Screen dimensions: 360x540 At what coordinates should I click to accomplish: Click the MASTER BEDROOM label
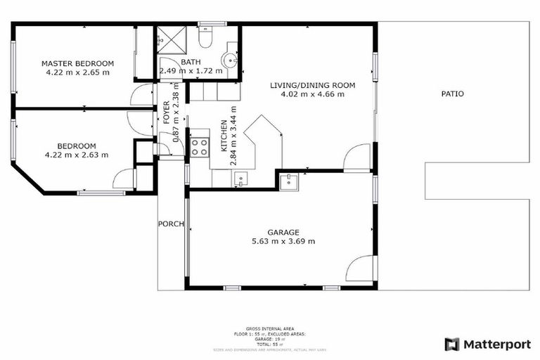click(77, 63)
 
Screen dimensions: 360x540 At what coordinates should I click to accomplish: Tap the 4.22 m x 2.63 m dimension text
click(77, 155)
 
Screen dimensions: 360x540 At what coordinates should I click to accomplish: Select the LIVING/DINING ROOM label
click(313, 85)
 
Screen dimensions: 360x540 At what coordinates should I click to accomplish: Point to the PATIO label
click(452, 94)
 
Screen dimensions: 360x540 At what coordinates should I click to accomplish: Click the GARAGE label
click(283, 233)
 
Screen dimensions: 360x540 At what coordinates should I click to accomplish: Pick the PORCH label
click(171, 224)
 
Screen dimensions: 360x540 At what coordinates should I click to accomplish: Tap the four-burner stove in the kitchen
click(199, 147)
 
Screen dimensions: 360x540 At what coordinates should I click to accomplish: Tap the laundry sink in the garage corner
click(289, 182)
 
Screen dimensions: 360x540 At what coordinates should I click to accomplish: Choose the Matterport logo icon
click(452, 344)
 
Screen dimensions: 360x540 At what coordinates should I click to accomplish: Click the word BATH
click(191, 62)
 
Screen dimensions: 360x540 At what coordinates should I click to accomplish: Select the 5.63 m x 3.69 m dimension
click(283, 241)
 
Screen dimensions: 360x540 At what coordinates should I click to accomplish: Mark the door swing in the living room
click(358, 157)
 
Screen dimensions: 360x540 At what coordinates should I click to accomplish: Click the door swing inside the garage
click(361, 268)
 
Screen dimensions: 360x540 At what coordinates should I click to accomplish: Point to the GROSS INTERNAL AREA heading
click(270, 328)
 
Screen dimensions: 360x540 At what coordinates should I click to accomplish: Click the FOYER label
click(167, 113)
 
